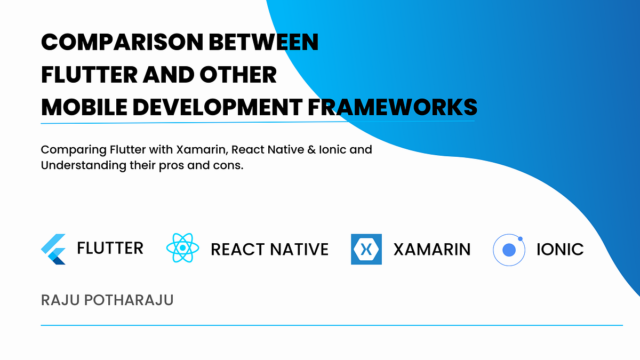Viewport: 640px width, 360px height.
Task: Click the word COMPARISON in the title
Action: click(x=122, y=42)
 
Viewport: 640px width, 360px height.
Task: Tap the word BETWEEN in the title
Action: click(x=263, y=42)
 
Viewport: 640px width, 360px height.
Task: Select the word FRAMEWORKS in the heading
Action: click(x=393, y=107)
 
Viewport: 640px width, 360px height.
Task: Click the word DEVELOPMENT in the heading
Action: click(x=218, y=107)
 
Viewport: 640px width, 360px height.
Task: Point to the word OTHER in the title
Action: click(x=238, y=75)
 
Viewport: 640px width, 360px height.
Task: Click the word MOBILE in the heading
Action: click(x=84, y=107)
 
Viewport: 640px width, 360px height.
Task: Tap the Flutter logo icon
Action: click(x=53, y=249)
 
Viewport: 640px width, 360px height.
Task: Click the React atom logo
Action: click(x=182, y=247)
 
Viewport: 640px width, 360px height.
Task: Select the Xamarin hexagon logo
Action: click(x=366, y=249)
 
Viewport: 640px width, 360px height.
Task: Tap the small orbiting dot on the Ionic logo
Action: click(x=520, y=239)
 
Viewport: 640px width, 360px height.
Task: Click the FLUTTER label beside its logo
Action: click(x=110, y=248)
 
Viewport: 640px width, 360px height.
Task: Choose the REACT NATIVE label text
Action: click(x=269, y=249)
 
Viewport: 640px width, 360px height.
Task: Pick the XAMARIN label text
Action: click(x=431, y=249)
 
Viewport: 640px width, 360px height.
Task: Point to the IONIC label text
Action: click(x=560, y=249)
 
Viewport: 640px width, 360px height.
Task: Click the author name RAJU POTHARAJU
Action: click(x=107, y=300)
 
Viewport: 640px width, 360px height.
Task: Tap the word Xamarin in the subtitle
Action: click(x=202, y=150)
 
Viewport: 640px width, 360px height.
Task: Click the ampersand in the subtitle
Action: click(x=311, y=150)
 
